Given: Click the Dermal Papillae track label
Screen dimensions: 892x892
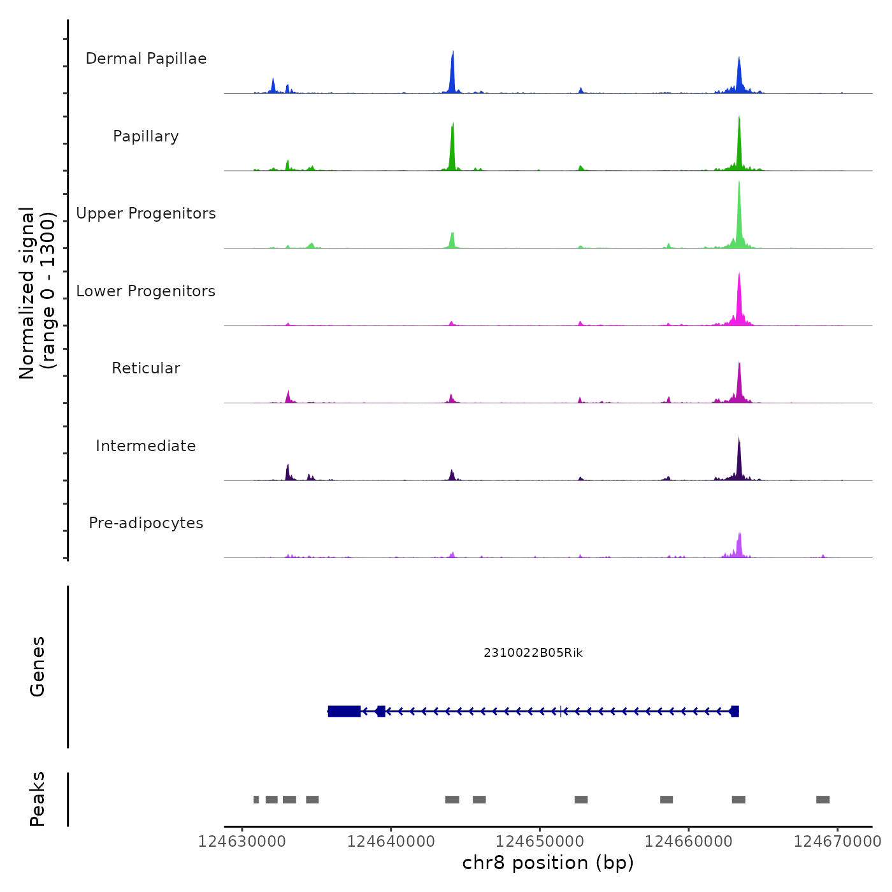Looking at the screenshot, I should [146, 59].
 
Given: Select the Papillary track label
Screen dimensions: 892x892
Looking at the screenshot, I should [146, 136].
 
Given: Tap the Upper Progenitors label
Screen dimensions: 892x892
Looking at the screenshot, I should [146, 213].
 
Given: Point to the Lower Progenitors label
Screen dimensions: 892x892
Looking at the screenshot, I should [146, 291].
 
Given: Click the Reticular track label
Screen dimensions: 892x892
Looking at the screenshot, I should [146, 368].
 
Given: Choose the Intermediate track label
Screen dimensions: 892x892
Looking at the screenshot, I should [146, 446].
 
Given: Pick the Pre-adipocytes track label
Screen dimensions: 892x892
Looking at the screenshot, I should [146, 523].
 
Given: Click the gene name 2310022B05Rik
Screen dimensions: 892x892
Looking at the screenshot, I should [533, 653].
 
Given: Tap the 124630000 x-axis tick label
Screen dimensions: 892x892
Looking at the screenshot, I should [242, 842].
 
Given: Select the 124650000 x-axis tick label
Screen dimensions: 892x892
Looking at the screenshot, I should [540, 842].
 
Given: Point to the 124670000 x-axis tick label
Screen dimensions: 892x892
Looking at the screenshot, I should [838, 842].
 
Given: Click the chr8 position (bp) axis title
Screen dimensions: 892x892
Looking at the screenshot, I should [548, 863].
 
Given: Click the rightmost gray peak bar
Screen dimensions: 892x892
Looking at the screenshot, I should [823, 800].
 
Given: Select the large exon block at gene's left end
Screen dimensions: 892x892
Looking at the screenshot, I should [344, 711].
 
